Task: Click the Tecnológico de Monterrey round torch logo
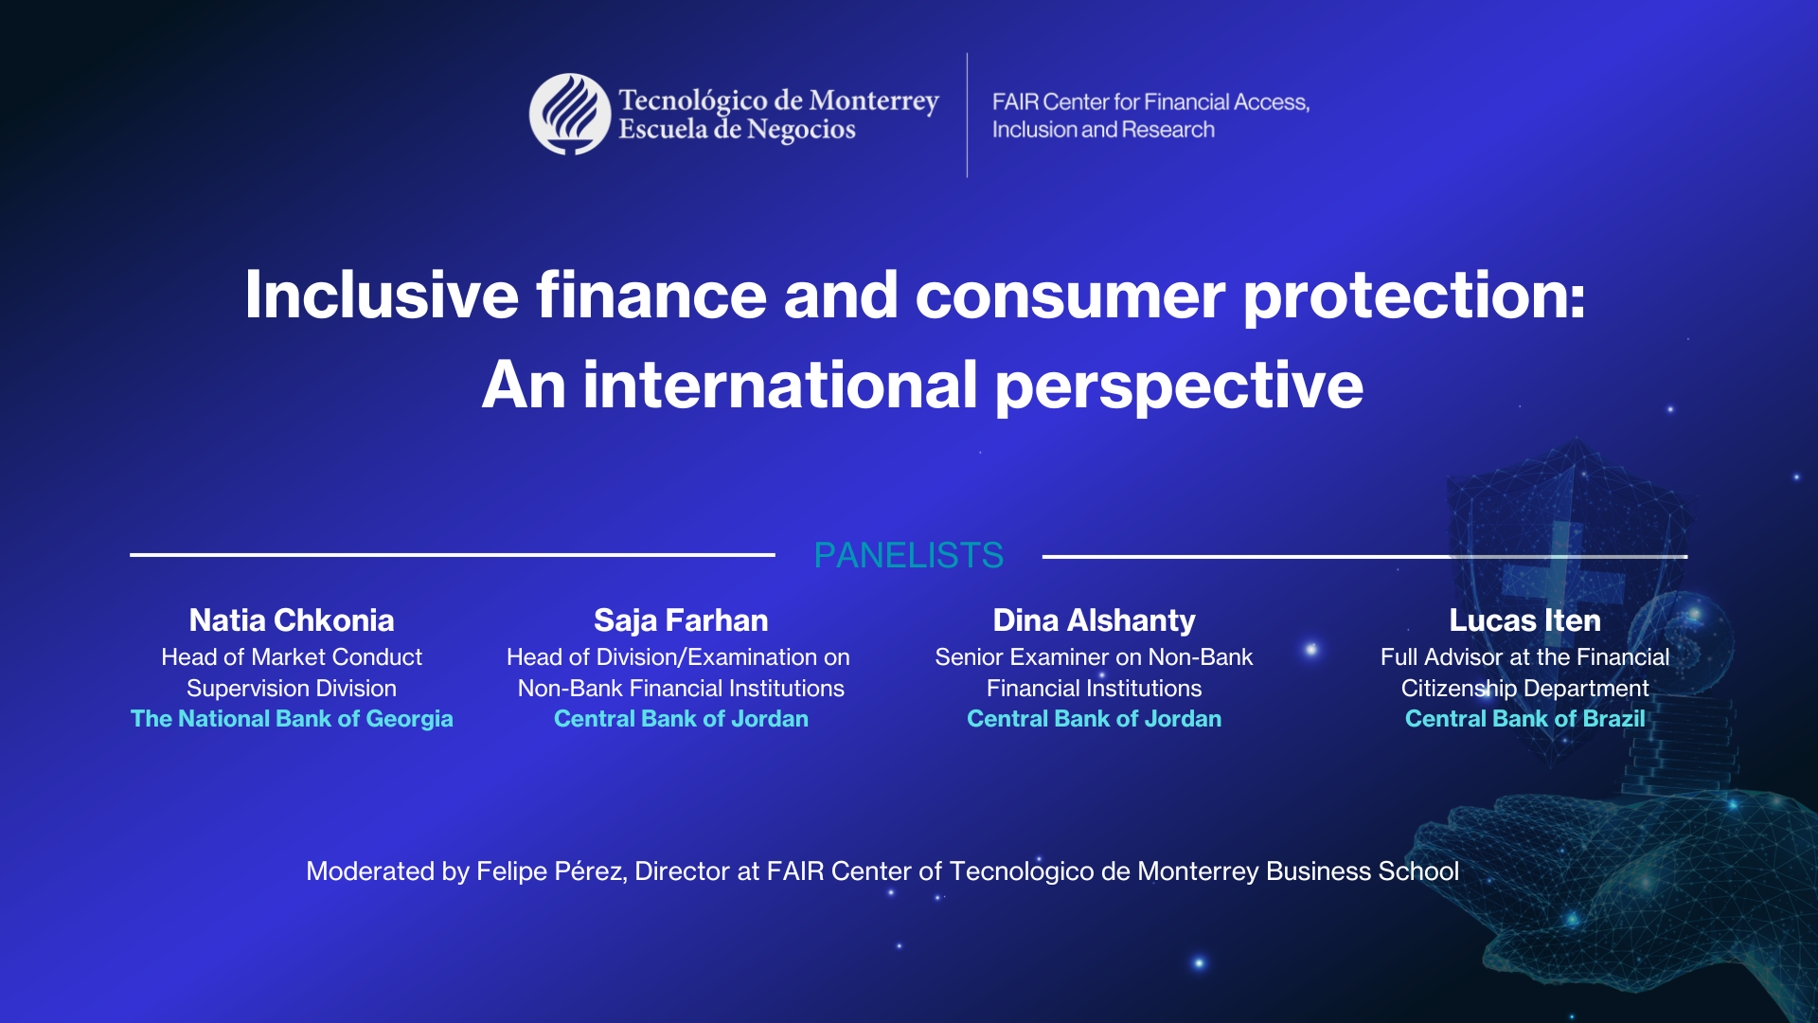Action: tap(569, 115)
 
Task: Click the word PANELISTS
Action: tap(908, 555)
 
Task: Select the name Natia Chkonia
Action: tap(292, 620)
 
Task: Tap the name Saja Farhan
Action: tap(681, 620)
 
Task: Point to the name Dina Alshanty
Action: tap(1094, 620)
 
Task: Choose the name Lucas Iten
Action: tap(1524, 620)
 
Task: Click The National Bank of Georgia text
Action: tap(292, 719)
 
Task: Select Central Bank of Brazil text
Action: tap(1524, 719)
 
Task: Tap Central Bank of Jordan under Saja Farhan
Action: tap(681, 719)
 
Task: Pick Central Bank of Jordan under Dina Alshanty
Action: tap(1094, 719)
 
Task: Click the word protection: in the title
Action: tap(1413, 296)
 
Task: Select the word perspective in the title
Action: tap(1178, 386)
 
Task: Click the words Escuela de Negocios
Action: tap(737, 130)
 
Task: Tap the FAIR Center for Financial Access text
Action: tap(1150, 102)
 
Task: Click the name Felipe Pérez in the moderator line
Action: tap(550, 871)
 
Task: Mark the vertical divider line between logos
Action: tap(967, 115)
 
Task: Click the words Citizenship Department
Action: tap(1524, 689)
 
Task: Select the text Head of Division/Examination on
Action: tap(678, 657)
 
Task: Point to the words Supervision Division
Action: tap(292, 689)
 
